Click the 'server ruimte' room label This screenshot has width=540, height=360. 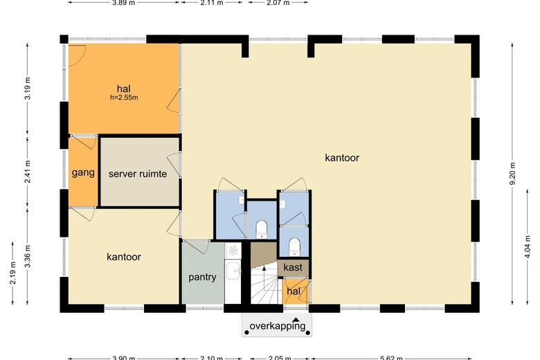point(137,174)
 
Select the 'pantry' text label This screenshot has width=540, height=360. point(203,278)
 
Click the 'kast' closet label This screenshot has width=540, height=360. point(294,267)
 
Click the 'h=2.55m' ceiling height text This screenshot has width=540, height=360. point(124,98)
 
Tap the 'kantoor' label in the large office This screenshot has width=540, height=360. point(342,158)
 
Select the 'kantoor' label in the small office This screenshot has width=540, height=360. point(124,257)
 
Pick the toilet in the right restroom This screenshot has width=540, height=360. point(294,245)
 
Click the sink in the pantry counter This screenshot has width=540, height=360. point(233,271)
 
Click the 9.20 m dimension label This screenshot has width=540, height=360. point(513,173)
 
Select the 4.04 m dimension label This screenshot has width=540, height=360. point(528,246)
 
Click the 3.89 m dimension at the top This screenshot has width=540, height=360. point(124,3)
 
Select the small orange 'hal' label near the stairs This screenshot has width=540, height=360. point(294,291)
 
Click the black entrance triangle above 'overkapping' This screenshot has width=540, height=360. point(296,319)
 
